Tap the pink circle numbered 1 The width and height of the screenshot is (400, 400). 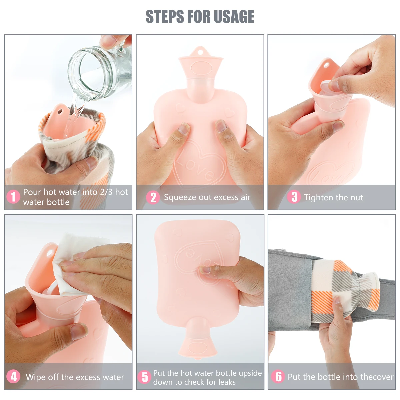[13, 196]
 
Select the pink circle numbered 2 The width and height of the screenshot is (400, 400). [153, 197]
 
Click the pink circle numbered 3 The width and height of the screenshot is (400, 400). [294, 197]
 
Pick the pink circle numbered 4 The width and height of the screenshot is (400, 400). [13, 377]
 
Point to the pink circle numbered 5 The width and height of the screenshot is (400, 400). [144, 377]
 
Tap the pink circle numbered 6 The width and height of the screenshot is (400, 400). [278, 376]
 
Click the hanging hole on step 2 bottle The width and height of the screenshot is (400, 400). [200, 52]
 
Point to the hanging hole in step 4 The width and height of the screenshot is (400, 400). [50, 253]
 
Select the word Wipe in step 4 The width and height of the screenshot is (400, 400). [36, 377]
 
